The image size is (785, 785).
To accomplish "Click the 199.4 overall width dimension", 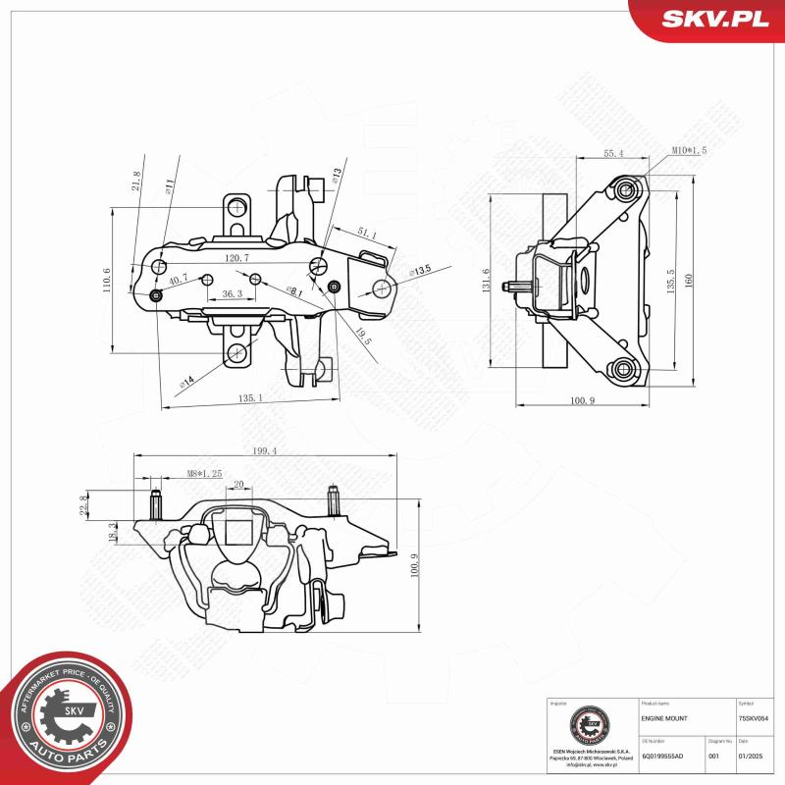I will click(x=264, y=450).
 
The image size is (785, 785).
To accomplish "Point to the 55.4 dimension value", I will click(x=613, y=153).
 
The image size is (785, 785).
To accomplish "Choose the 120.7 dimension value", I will click(x=236, y=258).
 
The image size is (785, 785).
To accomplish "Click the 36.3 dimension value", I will click(x=232, y=293).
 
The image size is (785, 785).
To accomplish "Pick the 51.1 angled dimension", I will click(x=367, y=234).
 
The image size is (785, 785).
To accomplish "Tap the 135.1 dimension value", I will click(x=249, y=397).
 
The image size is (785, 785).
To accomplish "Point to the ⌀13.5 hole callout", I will click(x=420, y=270).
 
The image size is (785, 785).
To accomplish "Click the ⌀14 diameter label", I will click(x=186, y=379).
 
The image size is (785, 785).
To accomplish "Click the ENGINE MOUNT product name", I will click(x=664, y=719).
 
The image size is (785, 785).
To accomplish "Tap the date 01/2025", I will click(x=750, y=757).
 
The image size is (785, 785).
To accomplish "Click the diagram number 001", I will click(x=713, y=757).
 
